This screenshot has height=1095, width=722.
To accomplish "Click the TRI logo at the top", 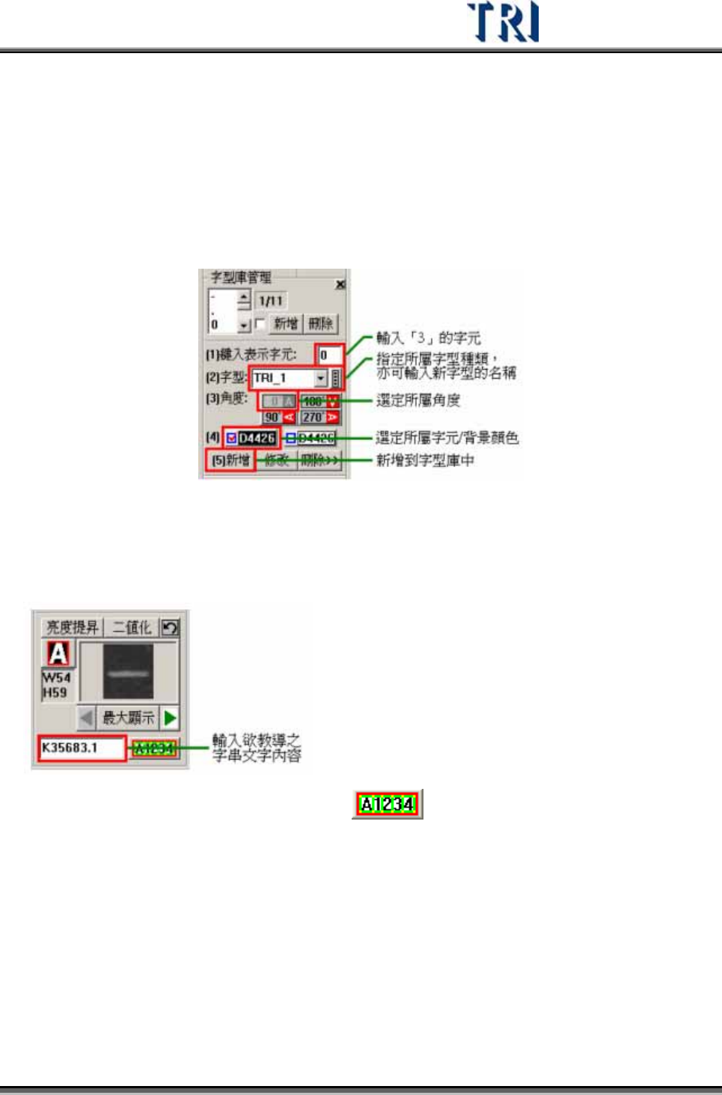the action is coord(503,22).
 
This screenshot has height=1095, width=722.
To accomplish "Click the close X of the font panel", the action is coord(340,284).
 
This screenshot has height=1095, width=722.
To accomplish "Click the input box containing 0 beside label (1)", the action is coord(329,355).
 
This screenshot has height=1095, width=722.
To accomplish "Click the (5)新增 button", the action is coord(230,460).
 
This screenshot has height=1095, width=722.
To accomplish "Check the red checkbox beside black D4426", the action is coord(232,438).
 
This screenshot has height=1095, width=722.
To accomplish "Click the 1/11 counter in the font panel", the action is coord(270,301).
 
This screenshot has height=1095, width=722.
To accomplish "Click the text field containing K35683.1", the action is coord(82,748).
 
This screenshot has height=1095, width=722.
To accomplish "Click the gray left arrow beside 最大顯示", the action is coord(87,718).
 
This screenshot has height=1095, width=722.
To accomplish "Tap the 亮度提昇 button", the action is coord(72,627).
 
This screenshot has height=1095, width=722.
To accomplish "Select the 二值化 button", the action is coord(132,627).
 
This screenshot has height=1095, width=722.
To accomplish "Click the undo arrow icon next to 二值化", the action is coord(171,627).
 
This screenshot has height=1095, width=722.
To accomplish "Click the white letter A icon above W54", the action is coord(58,653).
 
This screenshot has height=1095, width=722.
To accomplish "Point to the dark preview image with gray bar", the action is coord(128,672).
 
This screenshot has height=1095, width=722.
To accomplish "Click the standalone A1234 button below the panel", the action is coord(387,804).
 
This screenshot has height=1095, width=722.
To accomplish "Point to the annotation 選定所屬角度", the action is coord(417,400).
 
